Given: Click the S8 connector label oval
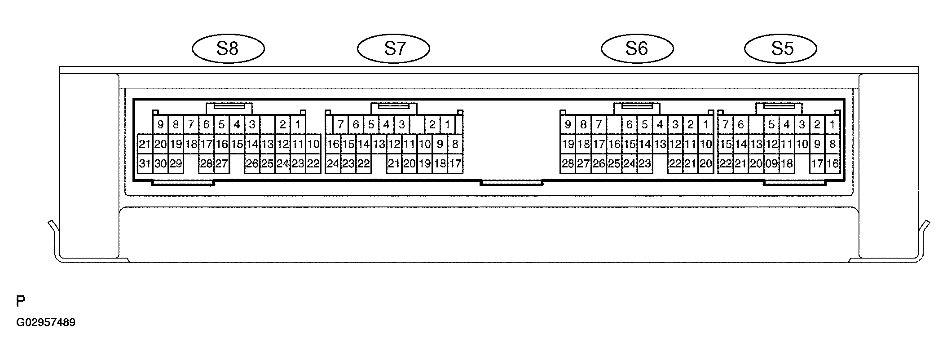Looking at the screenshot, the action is (228, 48).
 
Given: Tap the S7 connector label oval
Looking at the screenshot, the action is (394, 48).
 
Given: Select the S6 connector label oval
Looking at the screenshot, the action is (637, 48).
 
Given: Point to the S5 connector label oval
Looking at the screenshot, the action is (781, 48).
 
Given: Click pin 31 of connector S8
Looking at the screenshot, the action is (145, 164).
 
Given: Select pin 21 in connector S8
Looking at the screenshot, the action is (145, 144).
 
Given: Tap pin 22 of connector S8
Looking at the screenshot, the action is (313, 164).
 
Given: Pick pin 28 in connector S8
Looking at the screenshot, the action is (206, 164).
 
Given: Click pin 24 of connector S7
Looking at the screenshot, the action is (333, 164).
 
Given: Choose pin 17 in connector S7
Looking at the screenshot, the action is (455, 164).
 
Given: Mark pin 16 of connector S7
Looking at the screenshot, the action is (333, 144).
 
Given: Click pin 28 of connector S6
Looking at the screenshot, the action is (568, 164).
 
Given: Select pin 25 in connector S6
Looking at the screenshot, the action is (614, 164).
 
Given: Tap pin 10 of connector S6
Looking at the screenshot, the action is (706, 144).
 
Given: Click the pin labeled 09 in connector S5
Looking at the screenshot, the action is (771, 164).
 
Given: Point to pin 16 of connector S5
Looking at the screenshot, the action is (832, 164).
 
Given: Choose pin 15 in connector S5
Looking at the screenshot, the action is (726, 144).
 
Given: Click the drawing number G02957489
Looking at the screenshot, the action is (46, 323).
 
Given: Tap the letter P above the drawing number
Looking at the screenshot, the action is (20, 301).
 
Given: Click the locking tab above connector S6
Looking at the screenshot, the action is (637, 108).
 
